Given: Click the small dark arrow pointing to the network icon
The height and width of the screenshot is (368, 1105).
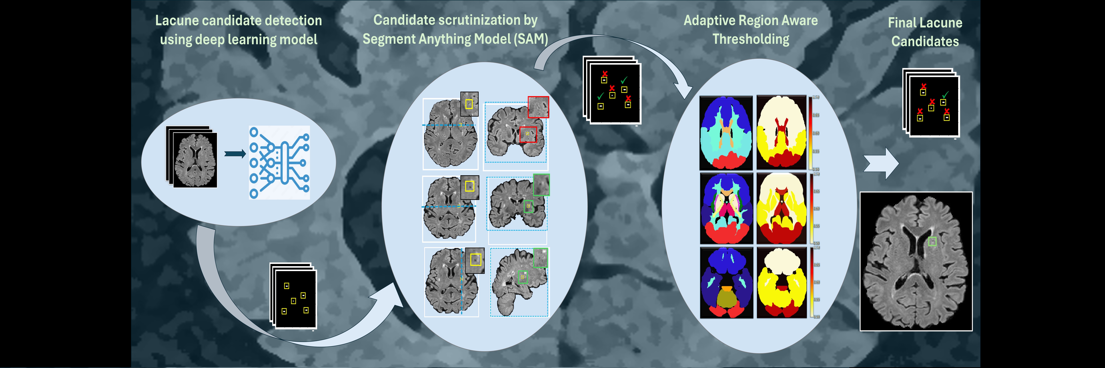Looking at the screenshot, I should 235,153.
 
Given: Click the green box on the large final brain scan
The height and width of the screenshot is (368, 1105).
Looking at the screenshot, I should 932,242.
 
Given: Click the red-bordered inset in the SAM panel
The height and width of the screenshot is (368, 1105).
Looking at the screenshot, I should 538,107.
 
